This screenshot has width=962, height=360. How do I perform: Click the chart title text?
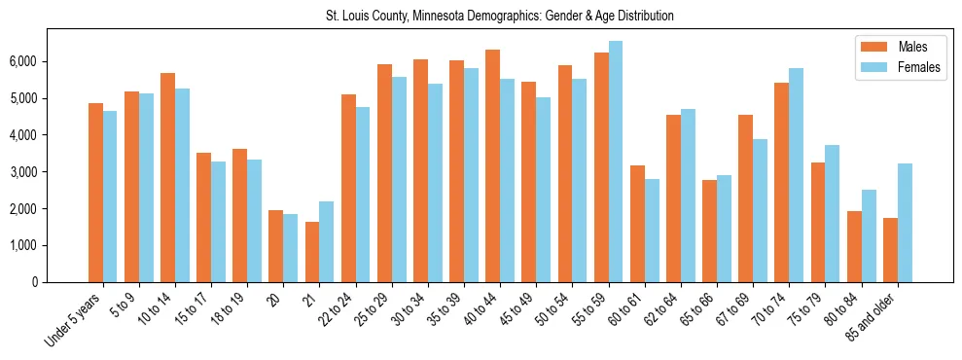click(x=499, y=17)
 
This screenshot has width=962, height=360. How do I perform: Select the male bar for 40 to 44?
click(x=493, y=165)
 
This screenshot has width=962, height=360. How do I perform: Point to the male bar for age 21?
click(x=312, y=252)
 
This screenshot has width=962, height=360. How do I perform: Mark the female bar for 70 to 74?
click(x=797, y=175)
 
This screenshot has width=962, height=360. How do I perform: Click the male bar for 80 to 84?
click(x=854, y=246)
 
